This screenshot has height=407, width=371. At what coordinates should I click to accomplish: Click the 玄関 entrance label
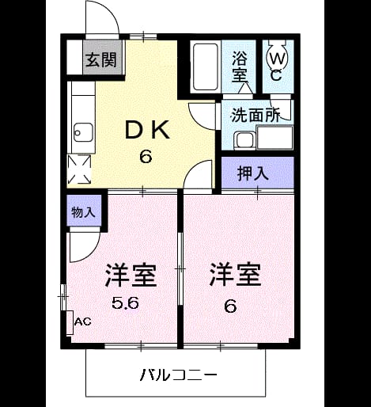101,60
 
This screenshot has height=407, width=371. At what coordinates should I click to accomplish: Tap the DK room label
147,129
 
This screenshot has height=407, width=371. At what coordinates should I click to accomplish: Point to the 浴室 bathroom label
239,67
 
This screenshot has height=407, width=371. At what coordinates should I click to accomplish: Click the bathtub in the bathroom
206,67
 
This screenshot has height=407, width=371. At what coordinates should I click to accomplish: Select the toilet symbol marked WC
277,59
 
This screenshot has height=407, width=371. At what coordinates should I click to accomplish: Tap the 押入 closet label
252,173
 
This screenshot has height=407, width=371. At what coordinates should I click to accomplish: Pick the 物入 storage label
83,212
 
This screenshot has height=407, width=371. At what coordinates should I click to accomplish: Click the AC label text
83,321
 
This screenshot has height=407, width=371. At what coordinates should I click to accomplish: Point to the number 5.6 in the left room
125,303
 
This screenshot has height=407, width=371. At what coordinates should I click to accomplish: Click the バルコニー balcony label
178,375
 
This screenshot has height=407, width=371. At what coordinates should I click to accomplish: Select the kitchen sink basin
83,133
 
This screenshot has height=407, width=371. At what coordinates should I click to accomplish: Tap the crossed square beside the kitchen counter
79,169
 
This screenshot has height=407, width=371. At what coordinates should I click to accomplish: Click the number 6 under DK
146,157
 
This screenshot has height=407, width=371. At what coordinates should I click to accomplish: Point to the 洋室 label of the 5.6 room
131,276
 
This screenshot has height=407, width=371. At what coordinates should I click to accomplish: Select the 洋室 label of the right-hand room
235,275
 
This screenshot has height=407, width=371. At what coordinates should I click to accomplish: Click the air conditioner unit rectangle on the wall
70,323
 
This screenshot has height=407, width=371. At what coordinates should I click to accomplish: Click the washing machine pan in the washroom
275,138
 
